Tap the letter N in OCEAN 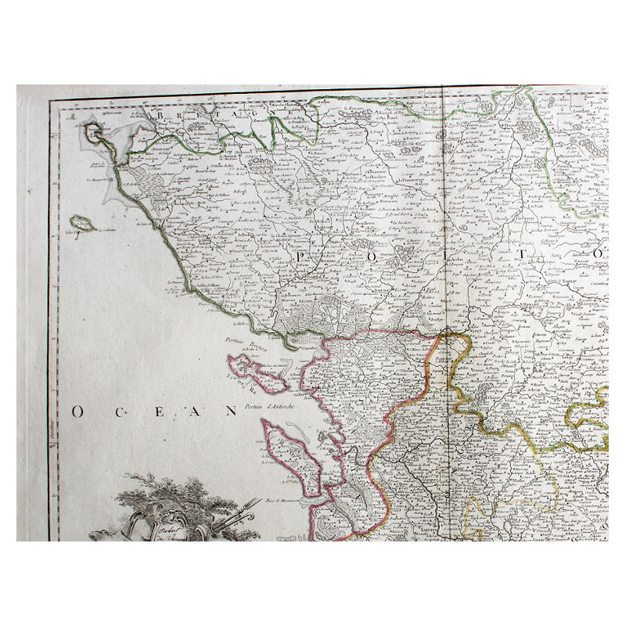coord(231,410)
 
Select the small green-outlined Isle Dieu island coord(82,225)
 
